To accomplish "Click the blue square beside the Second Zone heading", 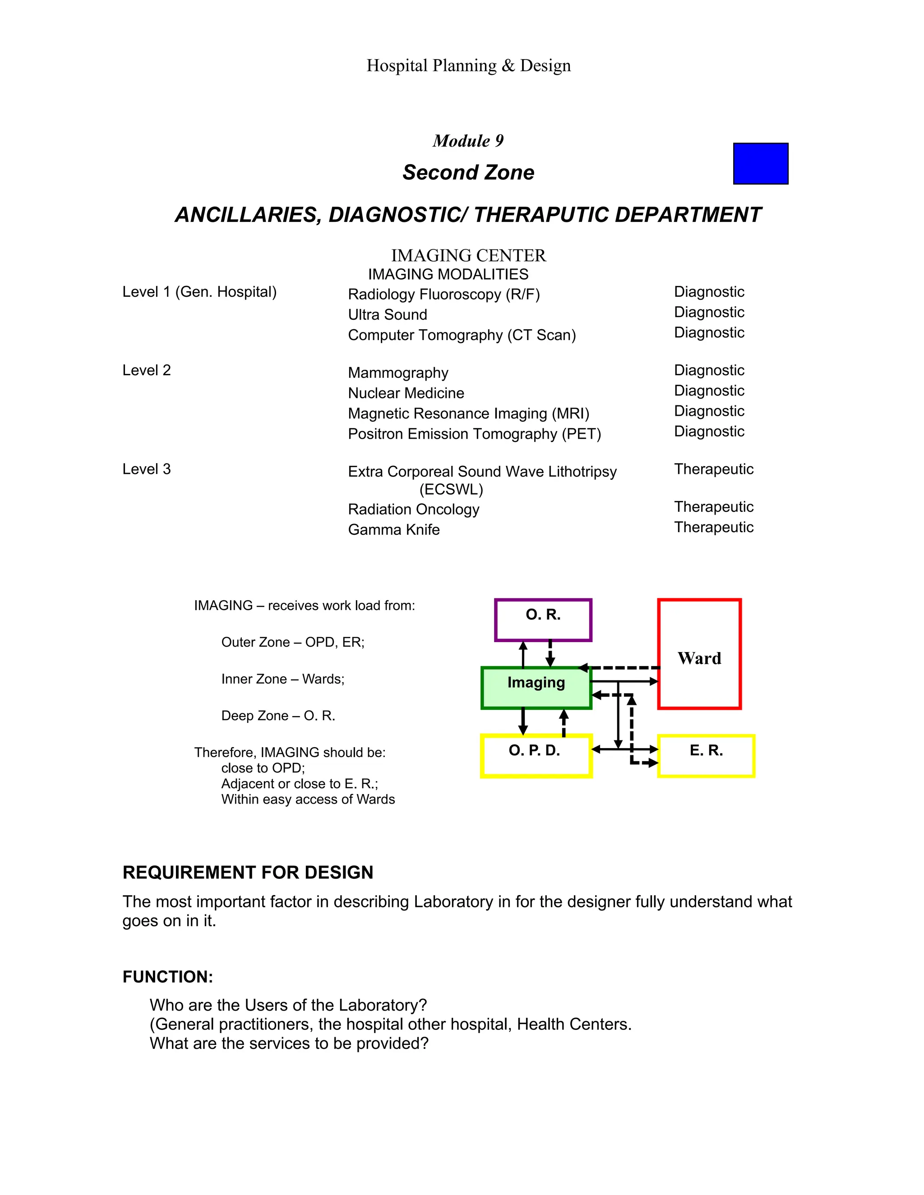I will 760,164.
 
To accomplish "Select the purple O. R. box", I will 543,620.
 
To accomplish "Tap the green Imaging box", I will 536,687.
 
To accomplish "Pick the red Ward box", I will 699,654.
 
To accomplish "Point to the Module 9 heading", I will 468,141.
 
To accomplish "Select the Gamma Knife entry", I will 393,530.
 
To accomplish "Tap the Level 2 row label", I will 147,370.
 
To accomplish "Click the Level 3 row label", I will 147,469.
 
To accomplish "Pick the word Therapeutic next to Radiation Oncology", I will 714,507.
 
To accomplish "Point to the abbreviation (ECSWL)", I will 451,489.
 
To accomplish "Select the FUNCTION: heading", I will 167,977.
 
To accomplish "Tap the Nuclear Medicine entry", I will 406,393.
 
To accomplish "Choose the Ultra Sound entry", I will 388,315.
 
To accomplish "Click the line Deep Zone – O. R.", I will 278,716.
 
